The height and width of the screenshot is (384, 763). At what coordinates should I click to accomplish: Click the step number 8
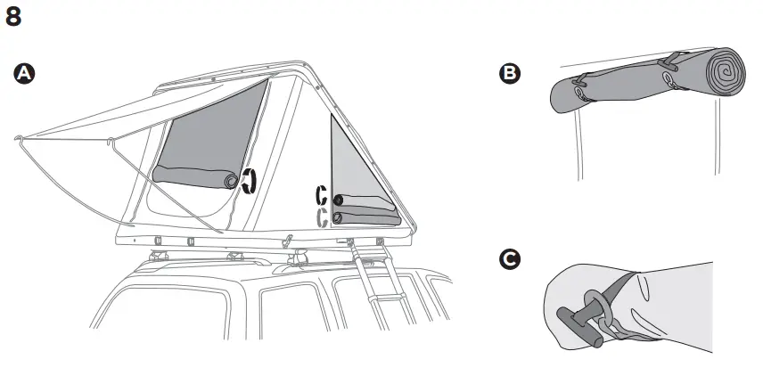pyautogui.click(x=14, y=18)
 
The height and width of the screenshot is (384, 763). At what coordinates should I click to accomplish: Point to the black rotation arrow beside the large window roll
pyautogui.click(x=250, y=181)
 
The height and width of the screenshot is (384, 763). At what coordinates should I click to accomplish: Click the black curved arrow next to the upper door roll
pyautogui.click(x=322, y=197)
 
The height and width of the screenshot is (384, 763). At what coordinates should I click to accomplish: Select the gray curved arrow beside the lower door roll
pyautogui.click(x=322, y=217)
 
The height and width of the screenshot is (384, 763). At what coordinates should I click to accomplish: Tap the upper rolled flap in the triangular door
pyautogui.click(x=365, y=200)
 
